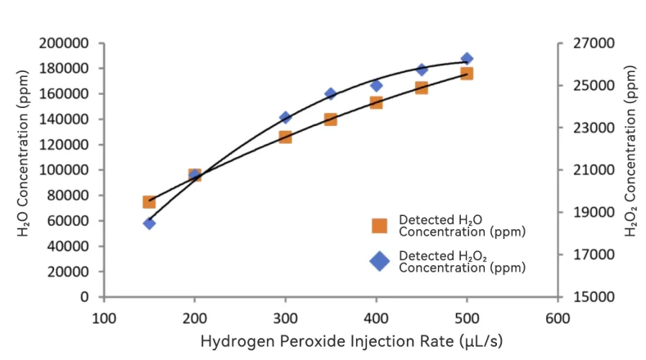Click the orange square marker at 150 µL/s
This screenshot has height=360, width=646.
149,201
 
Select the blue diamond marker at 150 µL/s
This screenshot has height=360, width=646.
149,223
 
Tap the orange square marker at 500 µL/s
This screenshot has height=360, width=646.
467,74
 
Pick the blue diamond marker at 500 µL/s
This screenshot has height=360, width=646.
467,59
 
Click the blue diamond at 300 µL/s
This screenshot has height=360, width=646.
285,118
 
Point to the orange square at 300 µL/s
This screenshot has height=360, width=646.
285,137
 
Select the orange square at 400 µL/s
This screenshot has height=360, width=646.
376,102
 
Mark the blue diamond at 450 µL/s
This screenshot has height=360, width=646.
422,70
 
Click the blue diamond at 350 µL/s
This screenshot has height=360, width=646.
331,94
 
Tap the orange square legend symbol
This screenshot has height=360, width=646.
379,226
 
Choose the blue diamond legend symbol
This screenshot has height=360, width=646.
379,261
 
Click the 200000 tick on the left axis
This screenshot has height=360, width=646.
68,43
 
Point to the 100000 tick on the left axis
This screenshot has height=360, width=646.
68,170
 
